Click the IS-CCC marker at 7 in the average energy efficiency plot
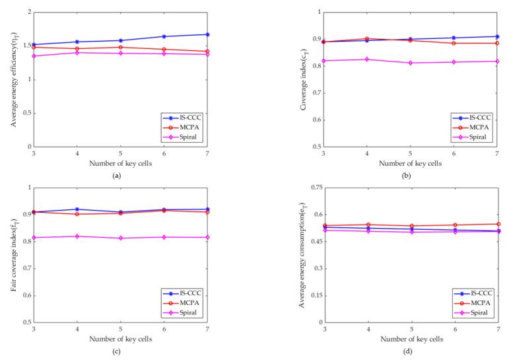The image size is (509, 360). (226, 34)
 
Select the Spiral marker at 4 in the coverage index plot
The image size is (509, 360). (367, 59)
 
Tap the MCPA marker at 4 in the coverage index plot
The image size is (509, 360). (367, 39)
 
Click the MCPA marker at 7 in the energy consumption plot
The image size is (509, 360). (498, 224)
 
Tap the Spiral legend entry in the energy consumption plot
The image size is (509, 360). (469, 311)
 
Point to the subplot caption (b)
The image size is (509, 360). (411, 176)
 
